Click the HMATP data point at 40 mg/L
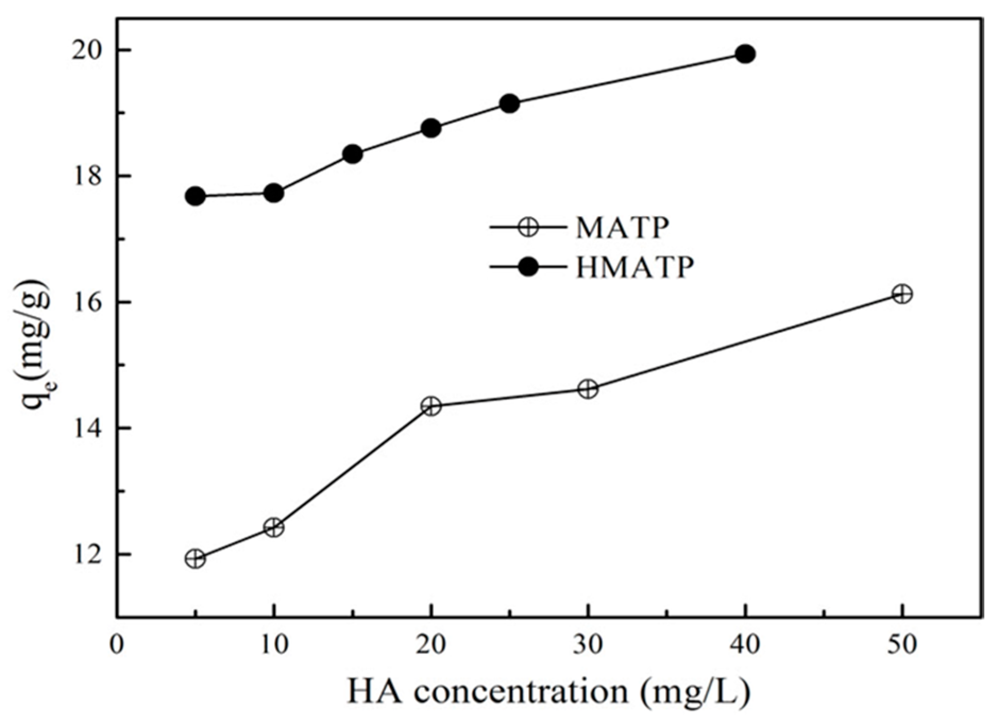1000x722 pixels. [x=745, y=54]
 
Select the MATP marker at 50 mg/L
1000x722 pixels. [x=902, y=294]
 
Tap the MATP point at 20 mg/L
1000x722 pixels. [x=431, y=406]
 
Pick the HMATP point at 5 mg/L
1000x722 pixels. [x=195, y=196]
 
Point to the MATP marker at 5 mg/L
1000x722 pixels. [x=195, y=558]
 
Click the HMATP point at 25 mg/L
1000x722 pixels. [x=509, y=104]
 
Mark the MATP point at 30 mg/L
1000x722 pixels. [x=588, y=389]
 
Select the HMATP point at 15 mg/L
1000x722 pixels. [x=352, y=154]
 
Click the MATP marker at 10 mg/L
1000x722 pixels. [x=274, y=528]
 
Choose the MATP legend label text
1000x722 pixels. [x=622, y=228]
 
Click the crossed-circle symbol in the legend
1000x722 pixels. [x=529, y=228]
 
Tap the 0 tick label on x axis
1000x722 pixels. [x=116, y=646]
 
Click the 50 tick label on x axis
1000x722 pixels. [x=902, y=646]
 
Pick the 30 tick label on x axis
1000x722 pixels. [x=588, y=646]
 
